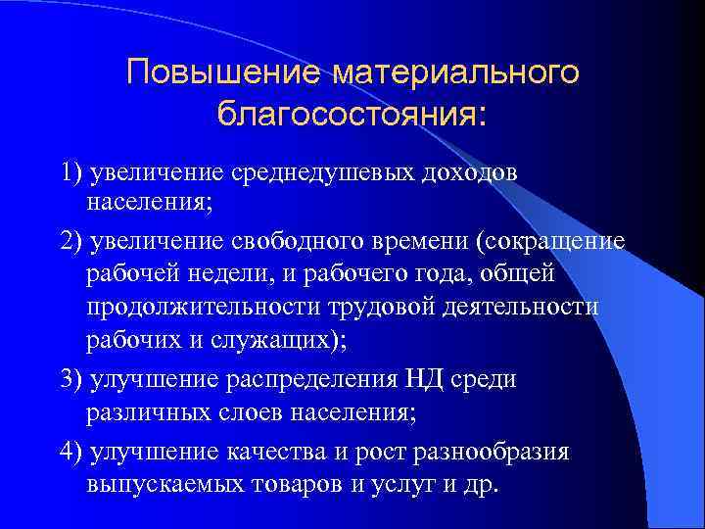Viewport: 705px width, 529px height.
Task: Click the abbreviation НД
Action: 424,379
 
